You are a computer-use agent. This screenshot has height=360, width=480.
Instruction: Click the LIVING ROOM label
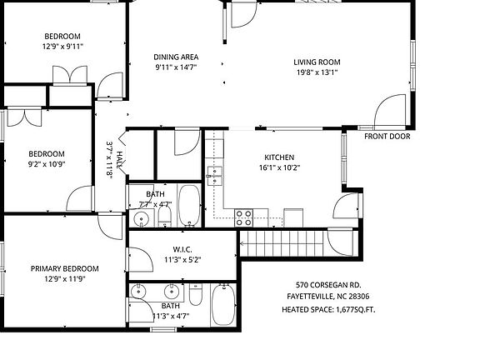click(x=317, y=62)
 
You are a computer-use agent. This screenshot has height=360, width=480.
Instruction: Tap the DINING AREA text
click(x=176, y=57)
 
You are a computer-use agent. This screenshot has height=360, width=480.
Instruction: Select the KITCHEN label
click(x=279, y=157)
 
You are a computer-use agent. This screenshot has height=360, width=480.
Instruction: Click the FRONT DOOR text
click(x=387, y=136)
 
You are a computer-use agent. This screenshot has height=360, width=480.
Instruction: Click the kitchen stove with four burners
click(x=244, y=217)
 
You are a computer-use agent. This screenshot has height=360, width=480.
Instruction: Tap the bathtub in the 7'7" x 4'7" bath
click(x=189, y=207)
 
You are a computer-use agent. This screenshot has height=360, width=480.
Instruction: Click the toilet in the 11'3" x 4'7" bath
click(x=195, y=296)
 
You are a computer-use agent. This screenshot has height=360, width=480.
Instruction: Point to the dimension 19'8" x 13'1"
click(x=317, y=72)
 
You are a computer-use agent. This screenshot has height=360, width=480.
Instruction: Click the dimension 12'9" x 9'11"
click(x=62, y=46)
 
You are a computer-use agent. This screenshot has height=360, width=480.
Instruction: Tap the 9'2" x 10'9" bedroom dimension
click(x=46, y=164)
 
